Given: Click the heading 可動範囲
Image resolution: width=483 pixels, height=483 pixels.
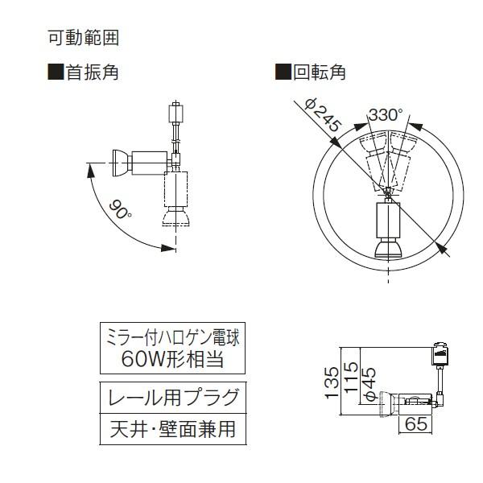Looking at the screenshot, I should pos(84,38).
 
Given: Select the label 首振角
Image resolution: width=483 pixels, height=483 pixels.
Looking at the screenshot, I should pos(93,72).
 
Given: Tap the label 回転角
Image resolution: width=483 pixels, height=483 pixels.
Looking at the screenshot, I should pos(319,72).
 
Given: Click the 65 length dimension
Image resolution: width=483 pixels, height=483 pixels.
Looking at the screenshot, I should pos(415,423).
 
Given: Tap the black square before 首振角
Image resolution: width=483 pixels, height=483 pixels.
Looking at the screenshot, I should pos(56,72).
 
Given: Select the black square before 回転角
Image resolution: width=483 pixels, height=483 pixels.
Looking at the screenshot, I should pos(283,72).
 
